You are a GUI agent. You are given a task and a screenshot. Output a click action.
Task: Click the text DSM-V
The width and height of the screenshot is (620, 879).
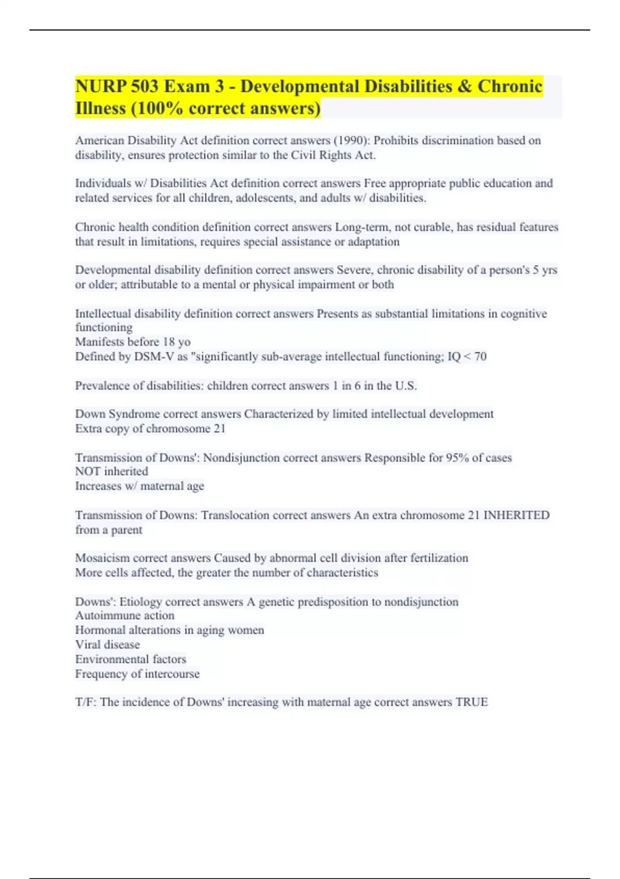point(154,357)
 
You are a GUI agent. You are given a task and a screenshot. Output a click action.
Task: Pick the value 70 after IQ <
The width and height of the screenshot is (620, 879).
point(480,357)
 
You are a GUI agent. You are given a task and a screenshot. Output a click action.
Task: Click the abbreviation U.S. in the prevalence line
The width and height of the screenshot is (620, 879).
point(406,386)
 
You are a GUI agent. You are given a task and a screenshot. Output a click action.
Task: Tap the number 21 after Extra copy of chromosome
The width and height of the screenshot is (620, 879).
point(220,429)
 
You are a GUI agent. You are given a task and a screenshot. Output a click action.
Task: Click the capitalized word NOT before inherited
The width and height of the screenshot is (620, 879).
point(88,472)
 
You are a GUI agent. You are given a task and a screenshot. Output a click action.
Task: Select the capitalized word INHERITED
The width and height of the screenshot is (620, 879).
point(516,515)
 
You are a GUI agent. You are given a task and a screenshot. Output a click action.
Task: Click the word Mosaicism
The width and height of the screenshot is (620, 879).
point(102,558)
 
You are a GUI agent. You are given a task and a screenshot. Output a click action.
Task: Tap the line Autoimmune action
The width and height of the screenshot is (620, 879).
point(125,616)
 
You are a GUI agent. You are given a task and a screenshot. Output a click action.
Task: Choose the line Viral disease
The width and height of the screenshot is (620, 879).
point(107,645)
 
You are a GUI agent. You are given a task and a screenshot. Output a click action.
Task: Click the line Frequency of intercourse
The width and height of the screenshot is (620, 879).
point(137,674)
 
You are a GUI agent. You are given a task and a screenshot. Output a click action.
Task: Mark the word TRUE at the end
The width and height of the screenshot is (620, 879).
point(471,702)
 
